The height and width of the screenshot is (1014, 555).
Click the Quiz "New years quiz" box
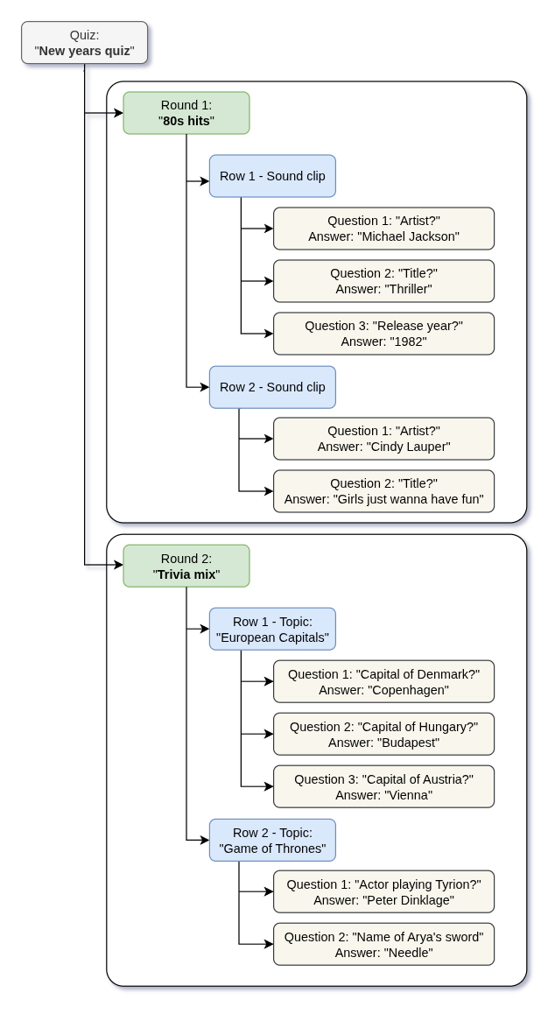(85, 43)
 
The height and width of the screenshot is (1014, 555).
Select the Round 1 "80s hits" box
(186, 113)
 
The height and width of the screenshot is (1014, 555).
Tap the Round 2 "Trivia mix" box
(186, 566)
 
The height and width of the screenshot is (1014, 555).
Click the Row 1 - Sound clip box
(272, 176)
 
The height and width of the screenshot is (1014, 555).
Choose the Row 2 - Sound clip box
(272, 387)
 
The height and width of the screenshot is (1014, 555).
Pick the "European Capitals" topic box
(272, 629)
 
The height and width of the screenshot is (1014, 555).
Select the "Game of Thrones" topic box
(272, 840)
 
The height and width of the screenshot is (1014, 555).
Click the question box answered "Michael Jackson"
(383, 229)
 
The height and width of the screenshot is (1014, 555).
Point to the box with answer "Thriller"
(383, 281)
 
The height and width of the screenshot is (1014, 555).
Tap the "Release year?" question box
(383, 334)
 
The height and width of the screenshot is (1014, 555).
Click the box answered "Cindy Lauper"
(383, 439)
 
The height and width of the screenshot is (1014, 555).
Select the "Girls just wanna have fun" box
(383, 491)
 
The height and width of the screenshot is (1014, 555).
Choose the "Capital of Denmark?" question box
(383, 681)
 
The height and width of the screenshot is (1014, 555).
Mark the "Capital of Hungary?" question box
(383, 734)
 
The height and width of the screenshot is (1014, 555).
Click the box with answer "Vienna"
(383, 786)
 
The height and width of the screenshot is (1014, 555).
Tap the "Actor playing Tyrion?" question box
(383, 891)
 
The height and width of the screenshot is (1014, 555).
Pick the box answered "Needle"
(383, 944)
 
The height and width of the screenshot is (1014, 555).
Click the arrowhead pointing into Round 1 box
(117, 113)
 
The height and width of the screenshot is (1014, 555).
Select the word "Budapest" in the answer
(408, 743)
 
